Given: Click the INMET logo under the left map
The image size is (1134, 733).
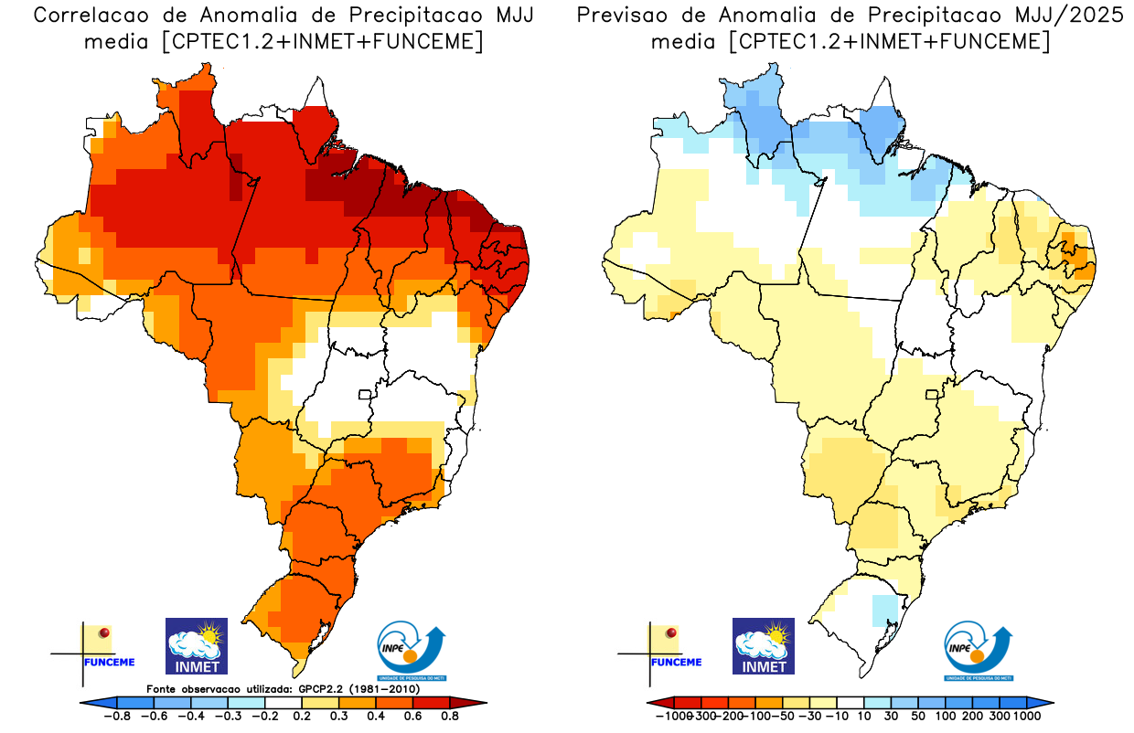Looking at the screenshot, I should point(196,646).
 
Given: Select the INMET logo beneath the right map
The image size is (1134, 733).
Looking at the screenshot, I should point(764,646).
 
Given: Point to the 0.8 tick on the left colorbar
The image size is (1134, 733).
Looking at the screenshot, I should point(449,717).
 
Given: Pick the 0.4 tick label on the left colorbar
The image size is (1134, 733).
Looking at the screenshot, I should point(376,717).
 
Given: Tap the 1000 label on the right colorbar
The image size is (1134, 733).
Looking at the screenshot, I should point(1026,717).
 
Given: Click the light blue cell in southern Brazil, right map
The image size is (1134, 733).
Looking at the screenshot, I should point(884,609).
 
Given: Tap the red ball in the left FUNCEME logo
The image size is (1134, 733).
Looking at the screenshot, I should point(105,632).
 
